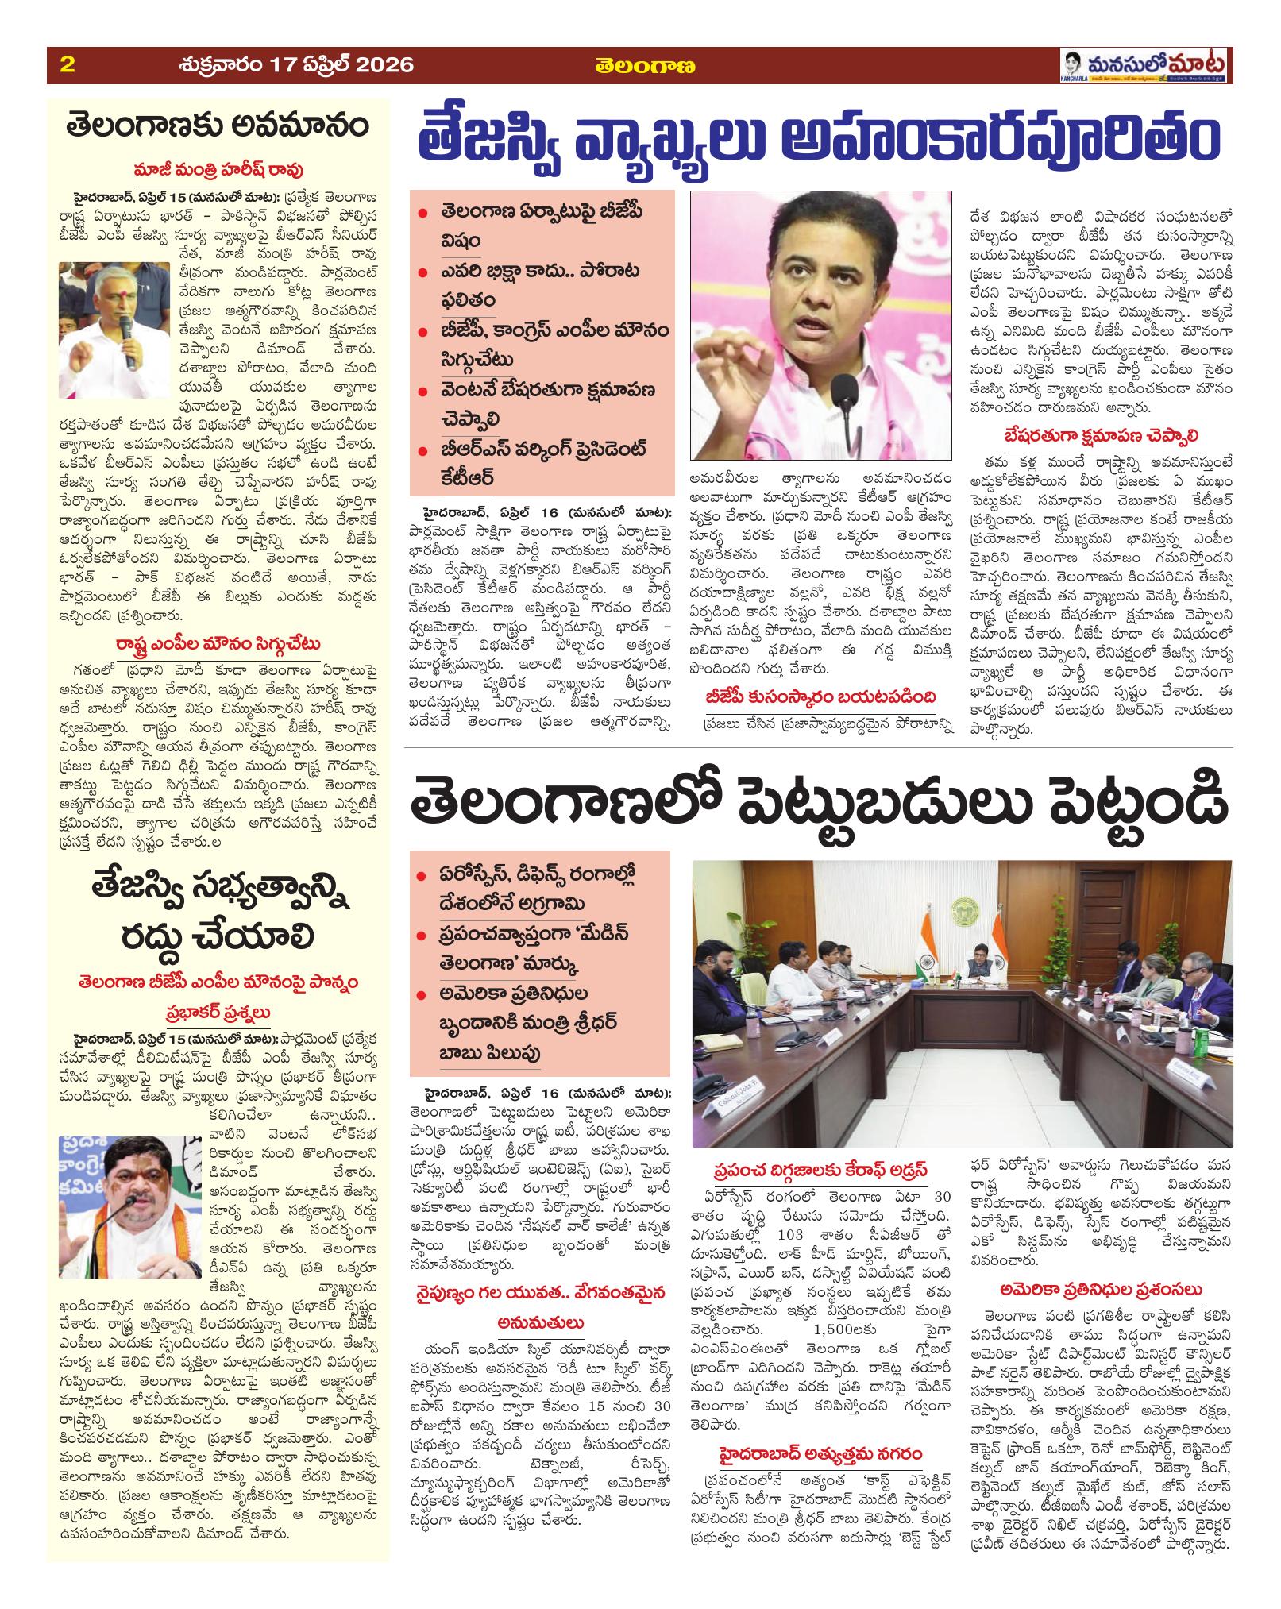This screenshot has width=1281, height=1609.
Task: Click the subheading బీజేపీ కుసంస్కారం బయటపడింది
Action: pos(814,696)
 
